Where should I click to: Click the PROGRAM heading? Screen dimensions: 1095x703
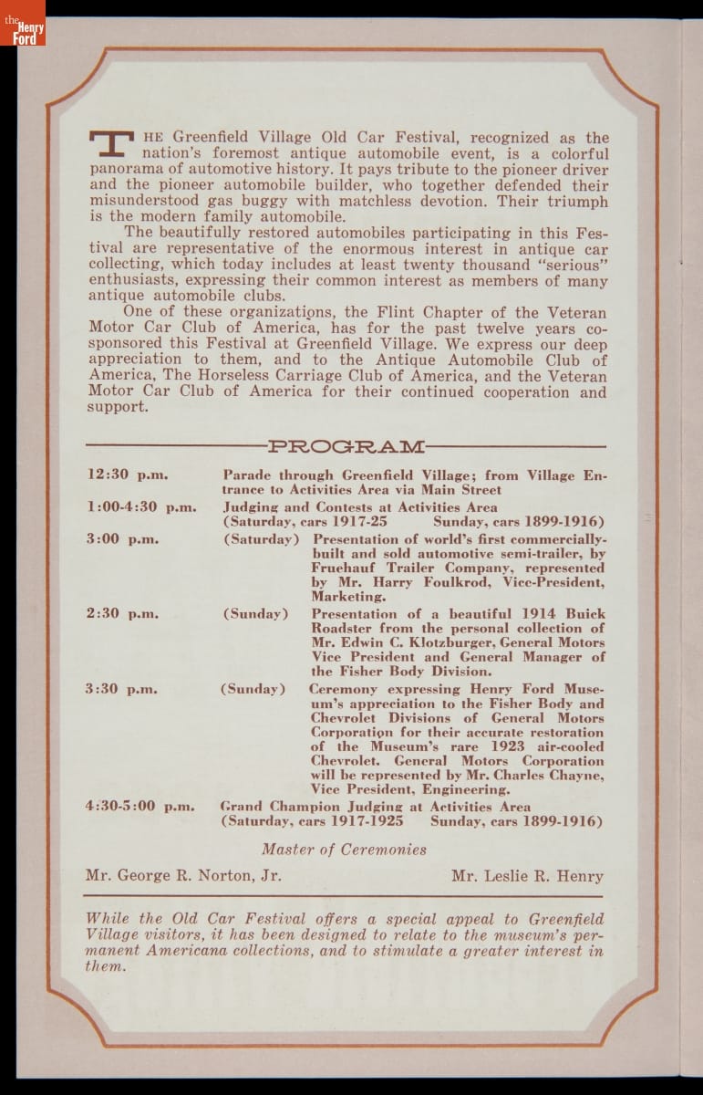pyautogui.click(x=346, y=446)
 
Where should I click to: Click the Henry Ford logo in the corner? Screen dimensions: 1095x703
pyautogui.click(x=23, y=24)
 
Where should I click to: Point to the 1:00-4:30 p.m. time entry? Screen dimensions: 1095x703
pyautogui.click(x=141, y=507)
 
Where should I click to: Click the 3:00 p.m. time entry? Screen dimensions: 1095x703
pyautogui.click(x=122, y=538)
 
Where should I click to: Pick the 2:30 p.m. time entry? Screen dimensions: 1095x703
pyautogui.click(x=122, y=613)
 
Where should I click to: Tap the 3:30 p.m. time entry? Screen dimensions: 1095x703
pyautogui.click(x=121, y=689)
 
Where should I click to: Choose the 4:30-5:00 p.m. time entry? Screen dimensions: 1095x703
pyautogui.click(x=141, y=806)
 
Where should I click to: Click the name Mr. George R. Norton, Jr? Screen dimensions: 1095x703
pyautogui.click(x=183, y=876)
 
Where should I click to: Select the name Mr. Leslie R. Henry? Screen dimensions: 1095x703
pyautogui.click(x=527, y=876)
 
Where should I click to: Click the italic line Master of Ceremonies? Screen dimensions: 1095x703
pyautogui.click(x=344, y=850)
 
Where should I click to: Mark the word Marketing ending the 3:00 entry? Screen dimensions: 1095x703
pyautogui.click(x=348, y=597)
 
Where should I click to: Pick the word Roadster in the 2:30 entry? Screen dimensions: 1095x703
pyautogui.click(x=342, y=628)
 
